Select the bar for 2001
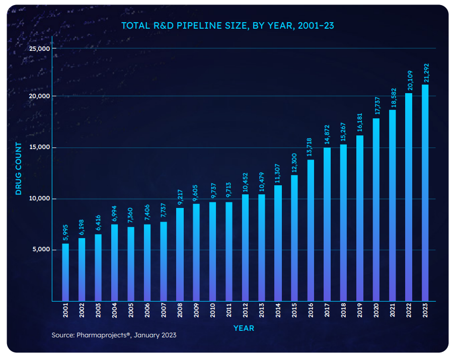coord(65,272)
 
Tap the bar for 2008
coord(180,254)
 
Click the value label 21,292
coord(426,73)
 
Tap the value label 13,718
coord(311,148)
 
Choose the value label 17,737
coord(376,106)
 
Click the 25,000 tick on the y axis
coord(40,49)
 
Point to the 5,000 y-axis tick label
coord(41,250)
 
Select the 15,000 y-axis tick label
coord(40,148)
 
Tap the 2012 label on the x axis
coord(246,312)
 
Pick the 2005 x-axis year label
coord(131,312)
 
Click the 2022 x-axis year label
coord(409,312)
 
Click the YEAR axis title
coord(244,328)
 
